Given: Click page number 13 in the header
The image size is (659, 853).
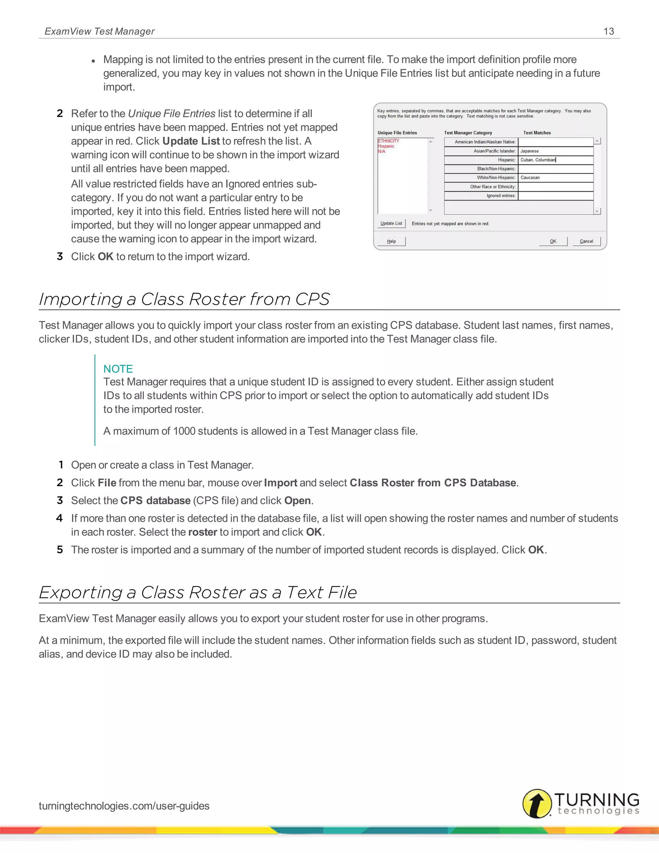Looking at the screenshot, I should tap(608, 31).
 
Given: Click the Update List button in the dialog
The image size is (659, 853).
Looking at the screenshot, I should tap(391, 223).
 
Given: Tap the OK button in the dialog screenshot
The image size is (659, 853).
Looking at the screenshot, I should tap(553, 241).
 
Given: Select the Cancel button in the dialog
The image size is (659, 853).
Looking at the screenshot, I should tap(586, 241).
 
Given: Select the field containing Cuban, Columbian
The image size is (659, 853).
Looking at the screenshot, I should tap(555, 160).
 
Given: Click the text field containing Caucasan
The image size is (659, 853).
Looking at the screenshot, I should tap(555, 178).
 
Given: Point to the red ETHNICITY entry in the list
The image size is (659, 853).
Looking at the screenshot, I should tap(388, 141).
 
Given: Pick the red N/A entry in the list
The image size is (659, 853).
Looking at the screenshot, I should tap(381, 152).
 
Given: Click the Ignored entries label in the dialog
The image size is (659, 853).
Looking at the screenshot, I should tap(501, 196).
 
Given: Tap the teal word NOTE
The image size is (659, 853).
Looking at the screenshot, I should tap(118, 369).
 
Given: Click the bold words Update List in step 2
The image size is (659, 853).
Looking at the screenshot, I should tap(191, 141).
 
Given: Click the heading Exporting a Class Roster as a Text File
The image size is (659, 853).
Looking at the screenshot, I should tap(198, 593).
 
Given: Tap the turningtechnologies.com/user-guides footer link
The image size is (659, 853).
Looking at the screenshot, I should tap(124, 806).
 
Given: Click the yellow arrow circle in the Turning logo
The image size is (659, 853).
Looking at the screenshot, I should tap(537, 803).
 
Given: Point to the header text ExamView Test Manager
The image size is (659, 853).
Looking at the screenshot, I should tap(99, 31).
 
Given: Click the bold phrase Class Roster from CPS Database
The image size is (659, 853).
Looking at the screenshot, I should tap(432, 483).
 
